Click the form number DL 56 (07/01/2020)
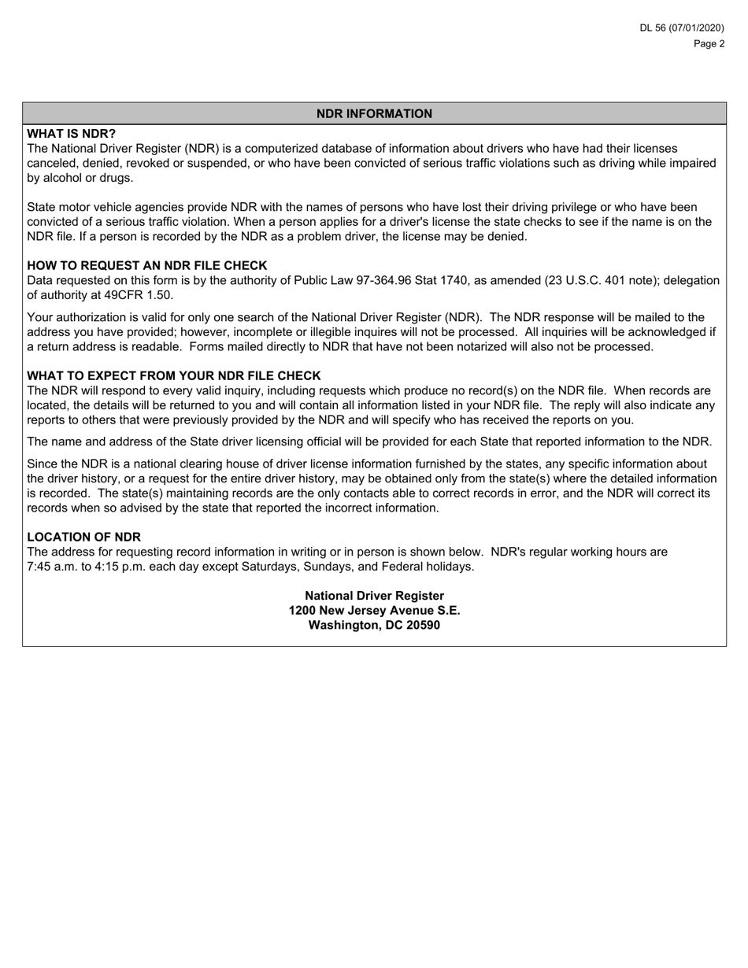click(681, 28)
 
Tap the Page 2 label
click(709, 44)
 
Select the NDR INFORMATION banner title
click(374, 113)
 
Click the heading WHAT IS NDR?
click(71, 134)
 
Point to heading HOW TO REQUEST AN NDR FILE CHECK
click(147, 266)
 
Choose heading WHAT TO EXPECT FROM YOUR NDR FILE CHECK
click(174, 376)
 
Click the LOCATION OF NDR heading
click(83, 538)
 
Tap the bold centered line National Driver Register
click(374, 596)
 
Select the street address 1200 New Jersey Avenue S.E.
click(374, 611)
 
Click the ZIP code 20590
click(423, 626)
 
